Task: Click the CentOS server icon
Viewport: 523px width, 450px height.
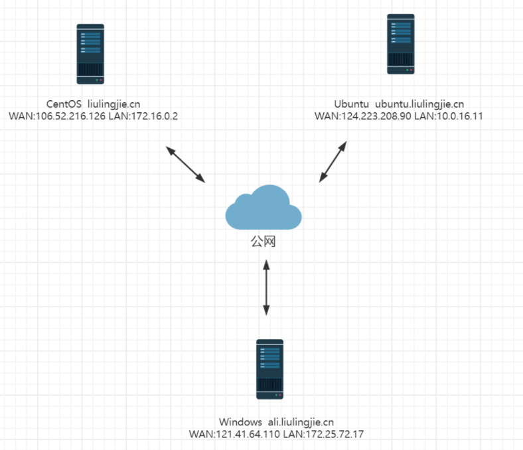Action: tap(90, 54)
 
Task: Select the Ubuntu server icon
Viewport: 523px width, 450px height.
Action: tap(401, 44)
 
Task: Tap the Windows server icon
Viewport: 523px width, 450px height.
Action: tap(269, 369)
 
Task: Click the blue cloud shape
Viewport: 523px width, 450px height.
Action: tap(263, 206)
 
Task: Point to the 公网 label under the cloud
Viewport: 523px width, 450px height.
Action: tap(263, 242)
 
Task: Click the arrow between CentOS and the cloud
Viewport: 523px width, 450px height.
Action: tap(186, 164)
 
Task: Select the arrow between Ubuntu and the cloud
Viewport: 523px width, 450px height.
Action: tap(333, 161)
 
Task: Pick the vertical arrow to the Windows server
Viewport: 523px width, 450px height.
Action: tap(266, 287)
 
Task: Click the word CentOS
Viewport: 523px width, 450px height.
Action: tap(64, 104)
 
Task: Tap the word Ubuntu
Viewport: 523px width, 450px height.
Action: tap(352, 104)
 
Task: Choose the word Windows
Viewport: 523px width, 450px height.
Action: tap(240, 422)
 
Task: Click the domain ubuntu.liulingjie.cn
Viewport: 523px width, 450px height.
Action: tap(419, 104)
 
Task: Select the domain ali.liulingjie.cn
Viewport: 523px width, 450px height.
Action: tap(301, 422)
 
